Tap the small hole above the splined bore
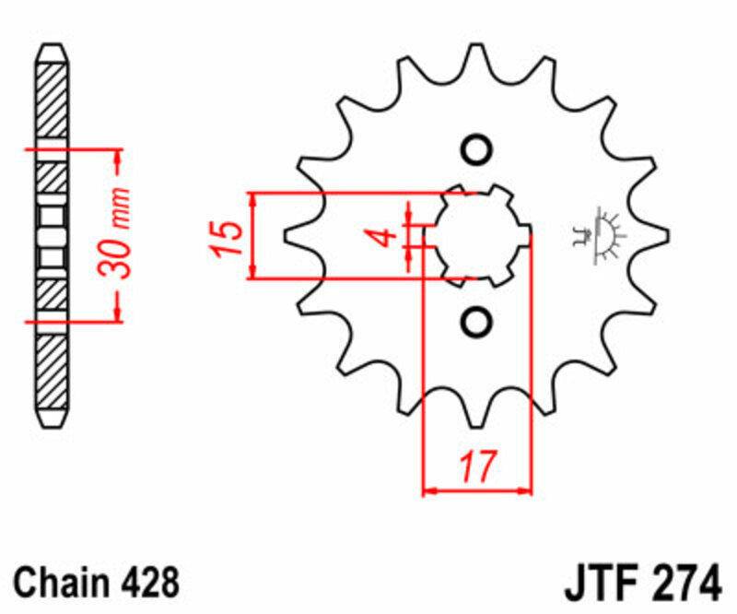[x=476, y=150]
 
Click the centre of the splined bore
[x=476, y=236]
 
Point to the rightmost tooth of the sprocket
[x=656, y=236]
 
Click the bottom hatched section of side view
[x=53, y=373]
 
